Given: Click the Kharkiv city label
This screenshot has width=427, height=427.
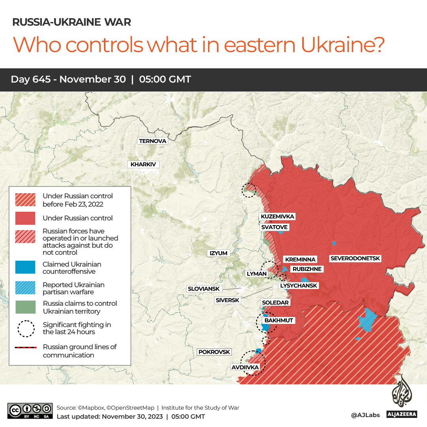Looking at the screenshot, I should (143, 164).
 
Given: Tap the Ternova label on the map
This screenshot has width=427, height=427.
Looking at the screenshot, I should (152, 141).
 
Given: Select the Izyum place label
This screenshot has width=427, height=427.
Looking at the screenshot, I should (218, 253).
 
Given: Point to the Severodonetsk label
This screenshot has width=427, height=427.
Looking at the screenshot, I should (355, 258).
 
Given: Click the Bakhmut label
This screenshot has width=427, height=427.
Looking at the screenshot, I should (279, 320).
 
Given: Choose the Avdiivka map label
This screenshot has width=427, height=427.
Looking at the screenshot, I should (245, 367).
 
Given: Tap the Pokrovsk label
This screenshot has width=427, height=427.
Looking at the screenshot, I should (214, 352).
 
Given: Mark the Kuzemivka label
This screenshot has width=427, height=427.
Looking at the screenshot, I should (277, 216).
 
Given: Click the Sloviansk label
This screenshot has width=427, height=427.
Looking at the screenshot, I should (204, 289).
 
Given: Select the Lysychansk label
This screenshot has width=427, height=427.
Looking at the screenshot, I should (298, 286).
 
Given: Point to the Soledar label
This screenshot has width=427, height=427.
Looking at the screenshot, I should (275, 303).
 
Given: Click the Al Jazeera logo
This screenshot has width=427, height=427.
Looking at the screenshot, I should (402, 397).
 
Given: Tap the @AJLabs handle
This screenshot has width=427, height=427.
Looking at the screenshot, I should (365, 415).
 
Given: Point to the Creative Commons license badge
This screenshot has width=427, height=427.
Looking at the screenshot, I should (30, 411).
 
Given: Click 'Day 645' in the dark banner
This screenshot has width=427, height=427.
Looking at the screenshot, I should (30, 79).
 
